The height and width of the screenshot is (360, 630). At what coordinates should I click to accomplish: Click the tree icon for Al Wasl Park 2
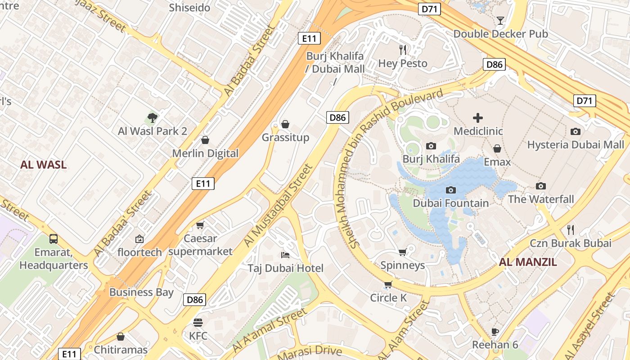(x=153, y=118)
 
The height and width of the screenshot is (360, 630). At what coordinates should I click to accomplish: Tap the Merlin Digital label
(x=205, y=153)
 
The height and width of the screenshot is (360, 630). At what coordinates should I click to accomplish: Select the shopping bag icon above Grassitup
(x=285, y=124)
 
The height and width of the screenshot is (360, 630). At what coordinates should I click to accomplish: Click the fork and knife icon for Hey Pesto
(x=403, y=49)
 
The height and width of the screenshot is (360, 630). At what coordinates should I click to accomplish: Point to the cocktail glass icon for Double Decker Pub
(x=500, y=21)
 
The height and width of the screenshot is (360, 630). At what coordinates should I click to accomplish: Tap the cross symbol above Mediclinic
(x=478, y=118)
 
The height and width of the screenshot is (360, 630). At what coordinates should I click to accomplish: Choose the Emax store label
(x=497, y=162)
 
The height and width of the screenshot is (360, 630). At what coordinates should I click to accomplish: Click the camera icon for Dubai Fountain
(x=451, y=190)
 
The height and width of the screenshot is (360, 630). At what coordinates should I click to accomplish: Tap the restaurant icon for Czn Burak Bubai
(x=571, y=230)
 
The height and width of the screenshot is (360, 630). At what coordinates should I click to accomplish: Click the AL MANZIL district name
(x=528, y=262)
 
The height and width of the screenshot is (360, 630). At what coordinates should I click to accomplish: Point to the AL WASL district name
(x=43, y=165)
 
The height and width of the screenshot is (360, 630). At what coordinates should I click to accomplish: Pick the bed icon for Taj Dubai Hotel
(x=285, y=255)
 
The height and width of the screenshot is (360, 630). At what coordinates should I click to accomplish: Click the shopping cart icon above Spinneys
(x=403, y=252)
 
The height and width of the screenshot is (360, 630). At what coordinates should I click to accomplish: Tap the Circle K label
(x=388, y=298)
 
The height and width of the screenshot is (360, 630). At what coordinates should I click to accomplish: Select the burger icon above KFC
(x=198, y=323)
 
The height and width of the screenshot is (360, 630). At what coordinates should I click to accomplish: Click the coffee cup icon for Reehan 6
(x=495, y=332)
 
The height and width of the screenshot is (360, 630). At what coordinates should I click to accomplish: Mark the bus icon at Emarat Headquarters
(x=54, y=238)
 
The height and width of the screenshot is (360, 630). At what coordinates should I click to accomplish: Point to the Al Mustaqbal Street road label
(x=278, y=206)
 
